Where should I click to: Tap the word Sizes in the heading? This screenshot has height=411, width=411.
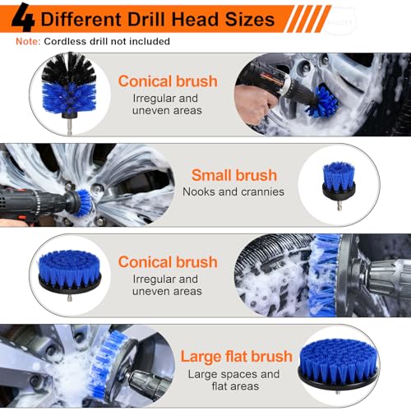tap(246, 18)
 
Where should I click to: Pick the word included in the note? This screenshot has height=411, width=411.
tap(147, 41)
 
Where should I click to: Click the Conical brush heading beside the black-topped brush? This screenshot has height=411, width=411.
tap(167, 81)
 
